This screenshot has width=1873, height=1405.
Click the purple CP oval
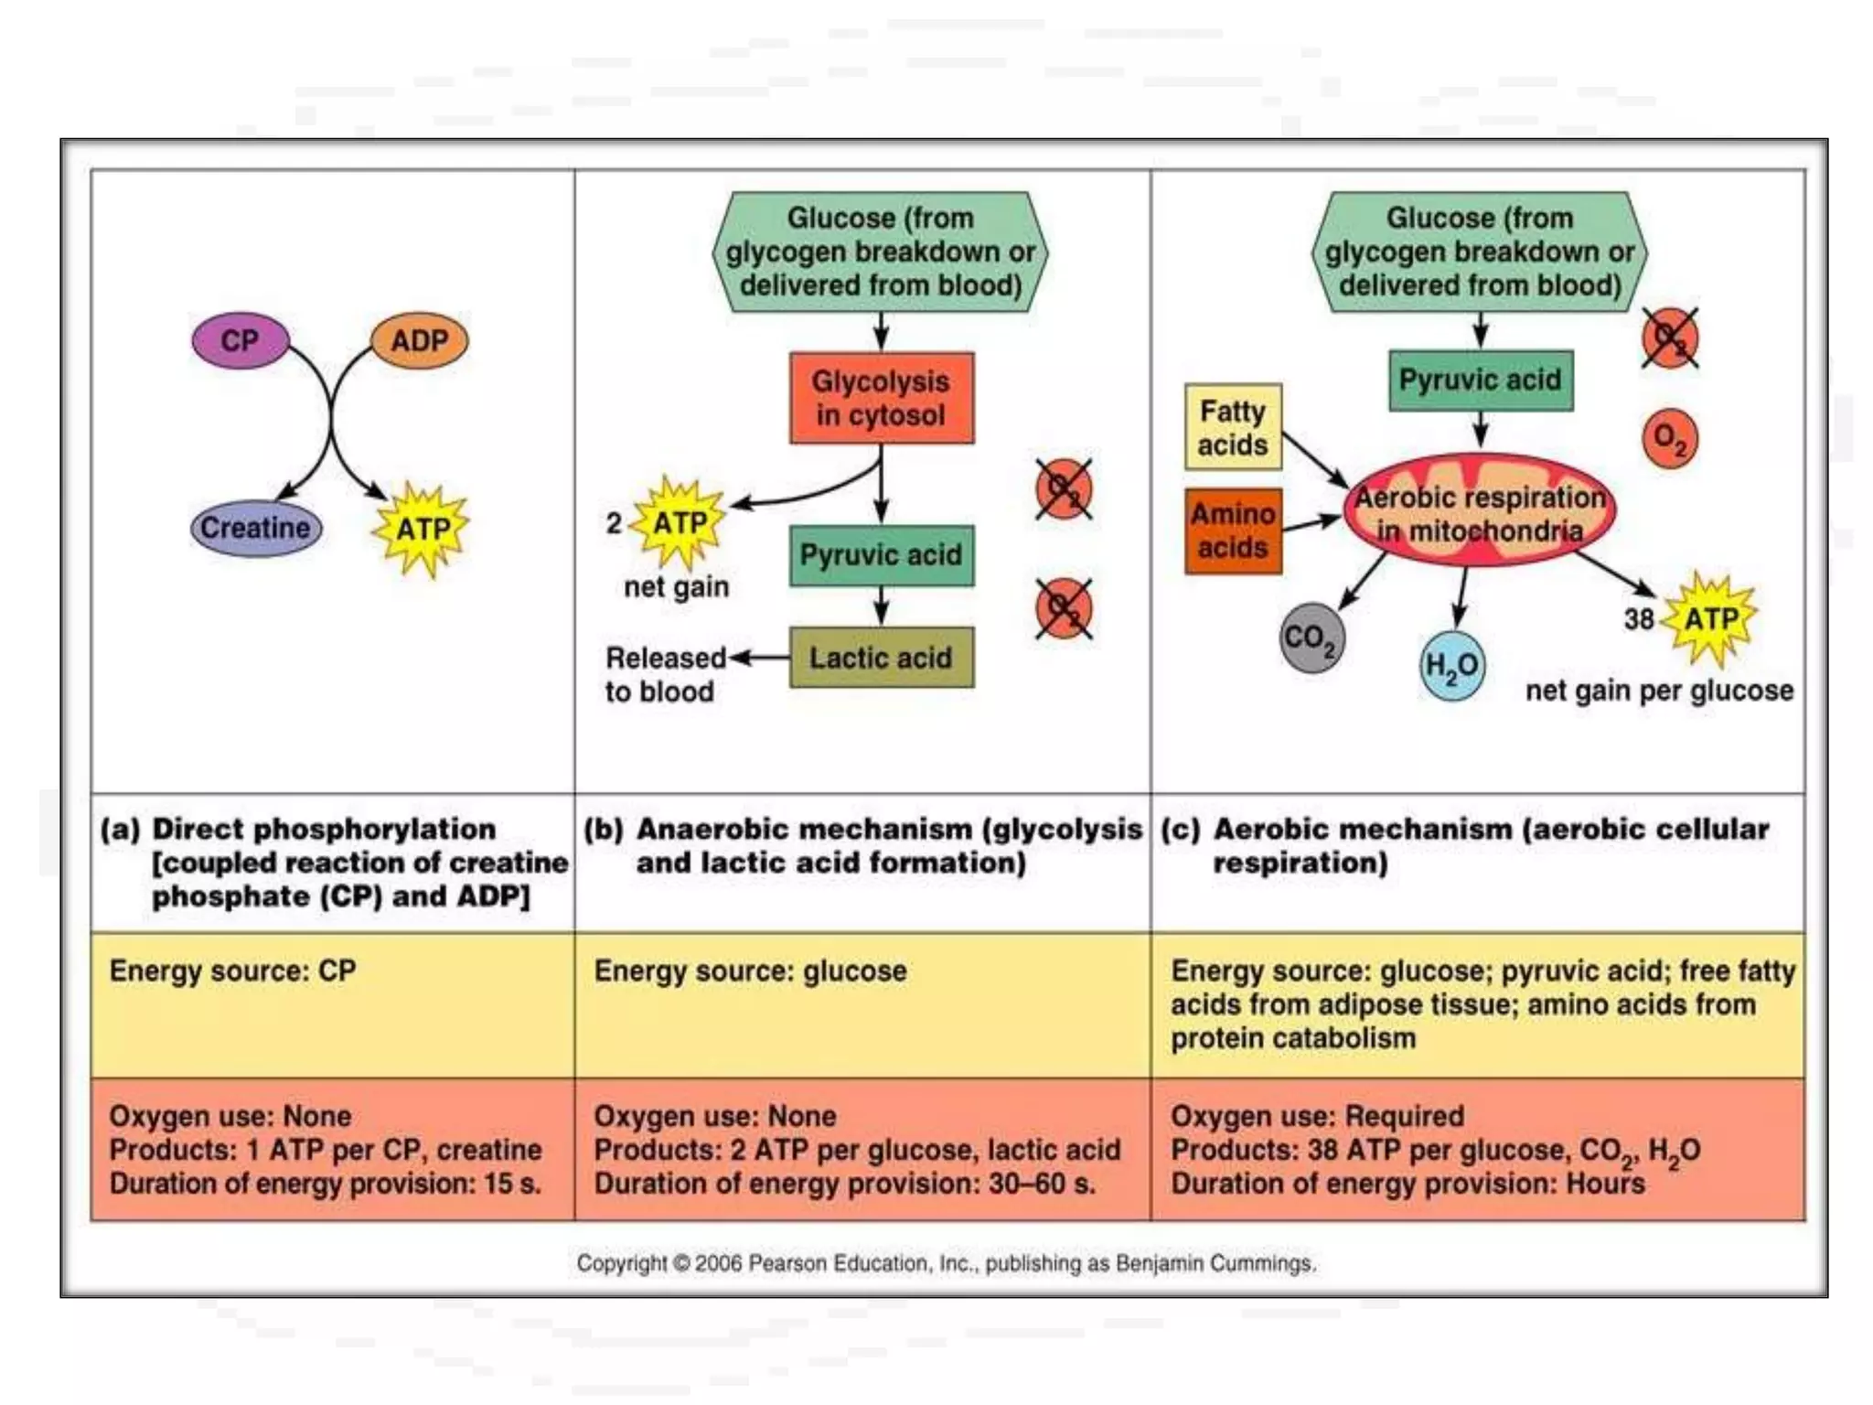point(240,340)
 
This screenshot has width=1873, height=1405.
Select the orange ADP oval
point(419,340)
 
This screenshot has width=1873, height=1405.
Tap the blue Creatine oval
point(256,528)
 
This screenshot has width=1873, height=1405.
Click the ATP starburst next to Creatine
point(422,529)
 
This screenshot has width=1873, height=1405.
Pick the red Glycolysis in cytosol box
point(881,398)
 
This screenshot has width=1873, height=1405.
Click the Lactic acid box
point(881,657)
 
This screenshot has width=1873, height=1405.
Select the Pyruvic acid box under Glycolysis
point(881,554)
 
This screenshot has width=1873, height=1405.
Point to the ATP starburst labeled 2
point(680,523)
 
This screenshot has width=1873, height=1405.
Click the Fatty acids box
point(1232,427)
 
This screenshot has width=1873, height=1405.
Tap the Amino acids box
point(1232,531)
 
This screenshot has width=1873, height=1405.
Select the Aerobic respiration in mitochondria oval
point(1479,513)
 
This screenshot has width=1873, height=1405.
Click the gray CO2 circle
point(1311,638)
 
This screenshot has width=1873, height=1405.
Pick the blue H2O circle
point(1451,665)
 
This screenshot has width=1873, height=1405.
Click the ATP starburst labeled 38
point(1710,619)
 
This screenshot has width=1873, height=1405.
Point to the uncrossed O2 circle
point(1670,438)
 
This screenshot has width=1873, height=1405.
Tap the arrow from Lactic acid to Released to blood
point(759,657)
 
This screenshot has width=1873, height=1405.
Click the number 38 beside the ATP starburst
point(1639,619)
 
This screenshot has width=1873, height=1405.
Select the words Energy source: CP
point(232,971)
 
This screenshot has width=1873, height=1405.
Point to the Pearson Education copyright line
point(946,1263)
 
